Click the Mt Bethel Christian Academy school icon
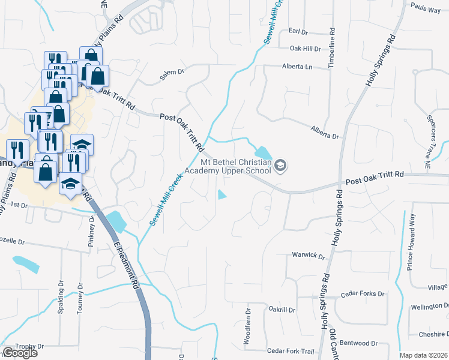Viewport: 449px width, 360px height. [280, 165]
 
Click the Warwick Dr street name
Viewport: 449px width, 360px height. [308, 255]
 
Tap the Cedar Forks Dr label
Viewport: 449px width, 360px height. [362, 294]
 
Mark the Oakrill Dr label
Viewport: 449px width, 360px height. [282, 310]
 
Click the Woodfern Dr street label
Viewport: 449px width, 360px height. [247, 326]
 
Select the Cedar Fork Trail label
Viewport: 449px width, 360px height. [291, 351]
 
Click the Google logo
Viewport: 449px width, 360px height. [19, 353]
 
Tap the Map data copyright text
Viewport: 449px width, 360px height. [423, 355]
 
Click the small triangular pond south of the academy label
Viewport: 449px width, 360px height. [222, 194]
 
